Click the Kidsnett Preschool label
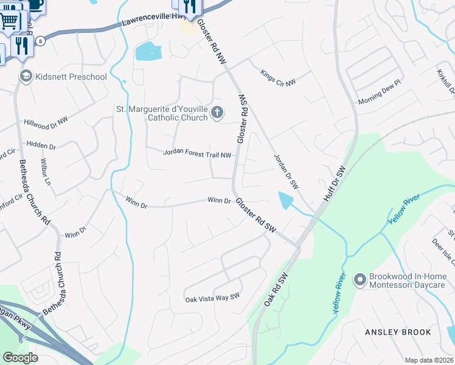[x=71, y=77]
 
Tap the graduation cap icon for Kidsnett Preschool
[x=26, y=77]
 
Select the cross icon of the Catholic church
[x=217, y=113]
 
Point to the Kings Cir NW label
[x=277, y=77]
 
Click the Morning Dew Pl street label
[x=380, y=91]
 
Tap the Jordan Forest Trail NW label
[x=198, y=155]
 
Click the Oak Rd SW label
[x=275, y=291]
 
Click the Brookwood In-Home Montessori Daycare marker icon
[x=360, y=279]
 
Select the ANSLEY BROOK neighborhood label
[x=398, y=332]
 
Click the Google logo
[x=21, y=358]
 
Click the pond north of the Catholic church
[x=147, y=52]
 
